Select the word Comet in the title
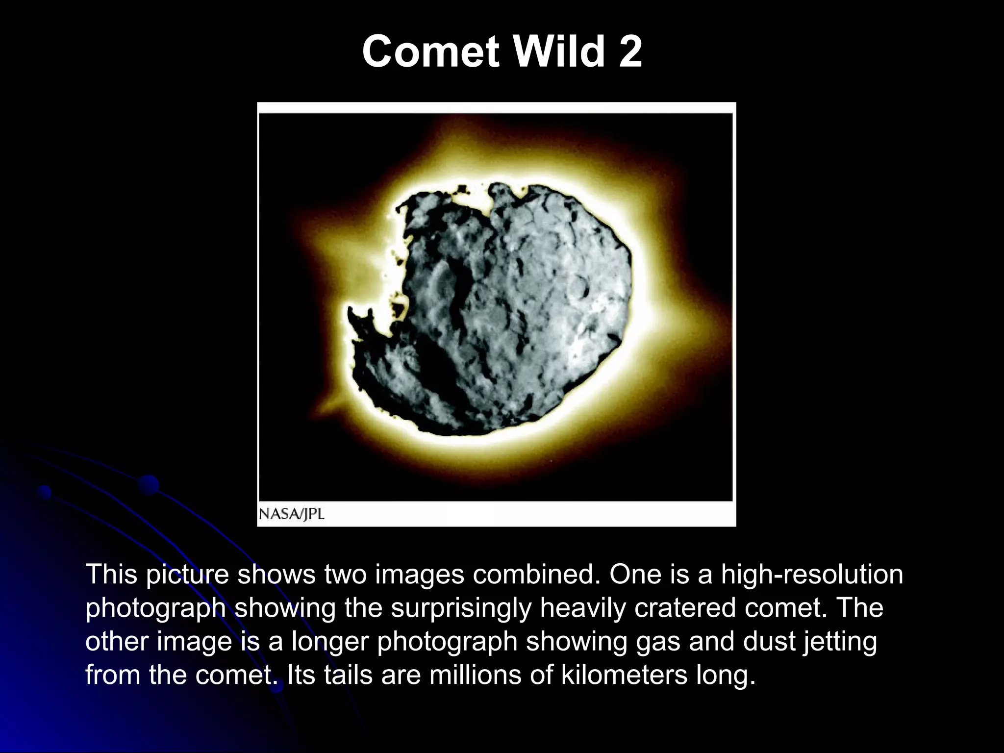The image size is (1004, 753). (430, 51)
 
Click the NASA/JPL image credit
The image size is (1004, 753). (292, 514)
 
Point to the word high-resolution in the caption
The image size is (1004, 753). (812, 575)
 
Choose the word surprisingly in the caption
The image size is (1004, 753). (461, 608)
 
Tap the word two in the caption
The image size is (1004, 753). (345, 575)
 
